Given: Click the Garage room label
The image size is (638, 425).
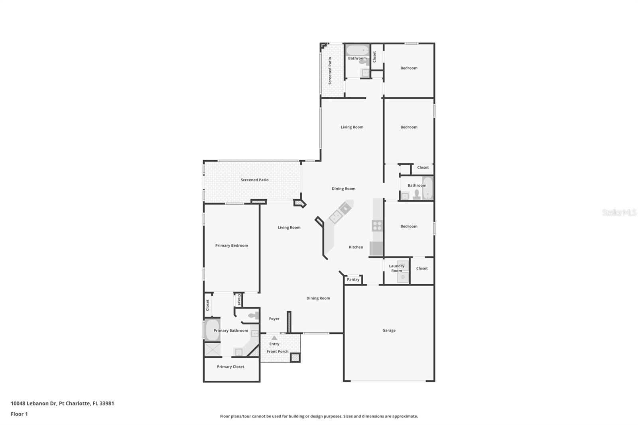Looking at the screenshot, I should [x=389, y=330].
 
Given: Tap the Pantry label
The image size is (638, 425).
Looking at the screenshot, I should [x=353, y=279].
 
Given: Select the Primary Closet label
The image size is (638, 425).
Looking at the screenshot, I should [x=230, y=367].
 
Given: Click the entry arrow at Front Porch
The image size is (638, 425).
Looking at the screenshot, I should [x=274, y=338].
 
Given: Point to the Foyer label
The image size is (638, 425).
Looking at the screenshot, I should [x=274, y=319].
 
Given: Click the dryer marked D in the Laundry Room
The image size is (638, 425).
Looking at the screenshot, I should [x=403, y=277].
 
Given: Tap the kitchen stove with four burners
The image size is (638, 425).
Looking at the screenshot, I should [x=377, y=226].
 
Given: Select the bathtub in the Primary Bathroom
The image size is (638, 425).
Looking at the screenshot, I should [x=212, y=330].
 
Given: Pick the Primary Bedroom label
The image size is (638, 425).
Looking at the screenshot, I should [x=232, y=246].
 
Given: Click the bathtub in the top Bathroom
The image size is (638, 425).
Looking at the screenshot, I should [x=357, y=50].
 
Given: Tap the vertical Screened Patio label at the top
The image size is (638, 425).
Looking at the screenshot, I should [x=330, y=71].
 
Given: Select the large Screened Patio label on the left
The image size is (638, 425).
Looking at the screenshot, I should [x=254, y=180].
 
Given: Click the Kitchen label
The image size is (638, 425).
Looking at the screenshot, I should [x=356, y=247].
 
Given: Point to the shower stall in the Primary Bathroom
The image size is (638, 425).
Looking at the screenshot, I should [x=212, y=350].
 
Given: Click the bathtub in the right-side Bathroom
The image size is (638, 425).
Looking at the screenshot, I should [x=427, y=188].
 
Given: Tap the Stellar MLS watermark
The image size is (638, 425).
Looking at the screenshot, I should [x=619, y=212].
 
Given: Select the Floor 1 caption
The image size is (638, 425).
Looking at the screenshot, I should [x=19, y=414].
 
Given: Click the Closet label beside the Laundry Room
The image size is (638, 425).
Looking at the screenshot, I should [x=422, y=268].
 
